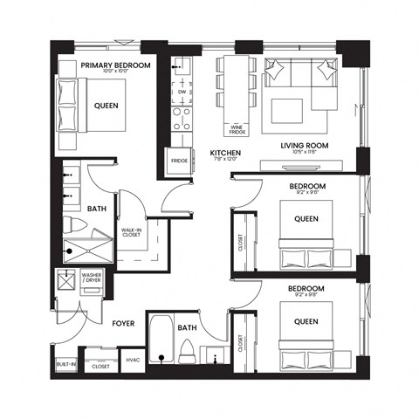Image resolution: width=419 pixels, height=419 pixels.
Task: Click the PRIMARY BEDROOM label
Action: pyautogui.click(x=115, y=65)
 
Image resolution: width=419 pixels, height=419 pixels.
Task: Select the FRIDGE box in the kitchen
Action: pyautogui.click(x=179, y=161)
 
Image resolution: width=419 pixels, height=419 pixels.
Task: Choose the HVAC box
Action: pyautogui.click(x=134, y=359)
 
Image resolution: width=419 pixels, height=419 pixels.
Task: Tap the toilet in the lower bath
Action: pyautogui.click(x=185, y=351)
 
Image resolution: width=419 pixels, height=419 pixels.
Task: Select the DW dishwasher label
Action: pyautogui.click(x=182, y=91)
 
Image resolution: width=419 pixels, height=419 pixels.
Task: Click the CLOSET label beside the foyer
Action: pyautogui.click(x=100, y=367)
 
